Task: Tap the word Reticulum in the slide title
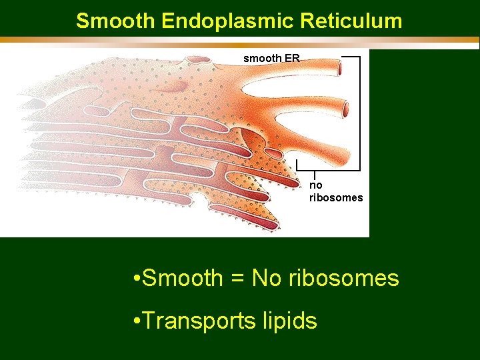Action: pos(351,21)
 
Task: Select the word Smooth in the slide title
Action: pos(116,21)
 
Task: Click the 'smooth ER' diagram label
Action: pos(271,59)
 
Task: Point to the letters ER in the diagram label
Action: pos(292,59)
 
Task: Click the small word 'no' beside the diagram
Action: pos(315,185)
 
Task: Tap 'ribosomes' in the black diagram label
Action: pos(336,197)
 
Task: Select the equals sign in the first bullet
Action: pos(237,279)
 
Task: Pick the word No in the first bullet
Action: pos(267,278)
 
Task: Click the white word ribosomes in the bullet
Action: pos(344,278)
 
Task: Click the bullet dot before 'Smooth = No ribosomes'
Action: pos(136,279)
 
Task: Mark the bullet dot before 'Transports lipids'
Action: pos(136,321)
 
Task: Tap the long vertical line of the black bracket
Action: pos(360,113)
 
